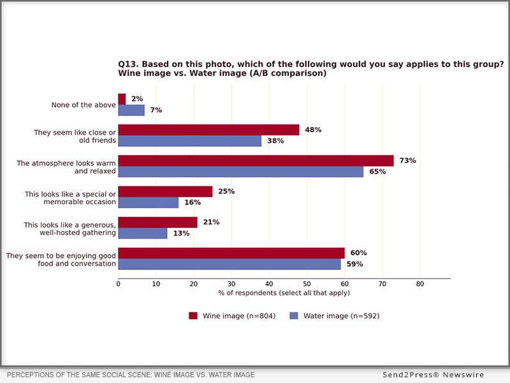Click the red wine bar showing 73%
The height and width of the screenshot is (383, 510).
tap(256, 161)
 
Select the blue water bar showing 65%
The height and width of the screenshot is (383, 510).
tap(241, 172)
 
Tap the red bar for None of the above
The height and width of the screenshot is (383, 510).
tap(122, 100)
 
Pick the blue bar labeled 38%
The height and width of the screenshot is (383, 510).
tap(190, 141)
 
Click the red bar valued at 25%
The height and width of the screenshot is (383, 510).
tap(165, 192)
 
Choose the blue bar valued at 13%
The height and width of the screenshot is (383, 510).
tap(143, 234)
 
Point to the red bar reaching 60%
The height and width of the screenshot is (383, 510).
tap(231, 253)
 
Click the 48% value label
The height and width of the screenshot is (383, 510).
tap(313, 130)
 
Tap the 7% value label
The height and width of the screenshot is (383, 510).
tap(156, 110)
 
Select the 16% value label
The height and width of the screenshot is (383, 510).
tap(193, 202)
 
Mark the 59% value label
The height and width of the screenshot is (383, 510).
tap(354, 264)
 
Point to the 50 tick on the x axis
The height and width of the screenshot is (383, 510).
tap(307, 284)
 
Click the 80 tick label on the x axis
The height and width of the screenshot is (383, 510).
tap(420, 284)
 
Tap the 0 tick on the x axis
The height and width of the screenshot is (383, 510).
tap(119, 284)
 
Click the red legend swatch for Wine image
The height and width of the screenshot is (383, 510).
tap(193, 315)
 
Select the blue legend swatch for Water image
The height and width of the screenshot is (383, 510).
tap(294, 315)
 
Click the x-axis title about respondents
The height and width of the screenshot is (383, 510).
tap(284, 293)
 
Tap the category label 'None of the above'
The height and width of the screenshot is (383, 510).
tap(84, 105)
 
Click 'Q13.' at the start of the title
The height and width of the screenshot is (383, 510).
tap(128, 64)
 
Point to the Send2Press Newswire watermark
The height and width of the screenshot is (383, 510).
tap(433, 375)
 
